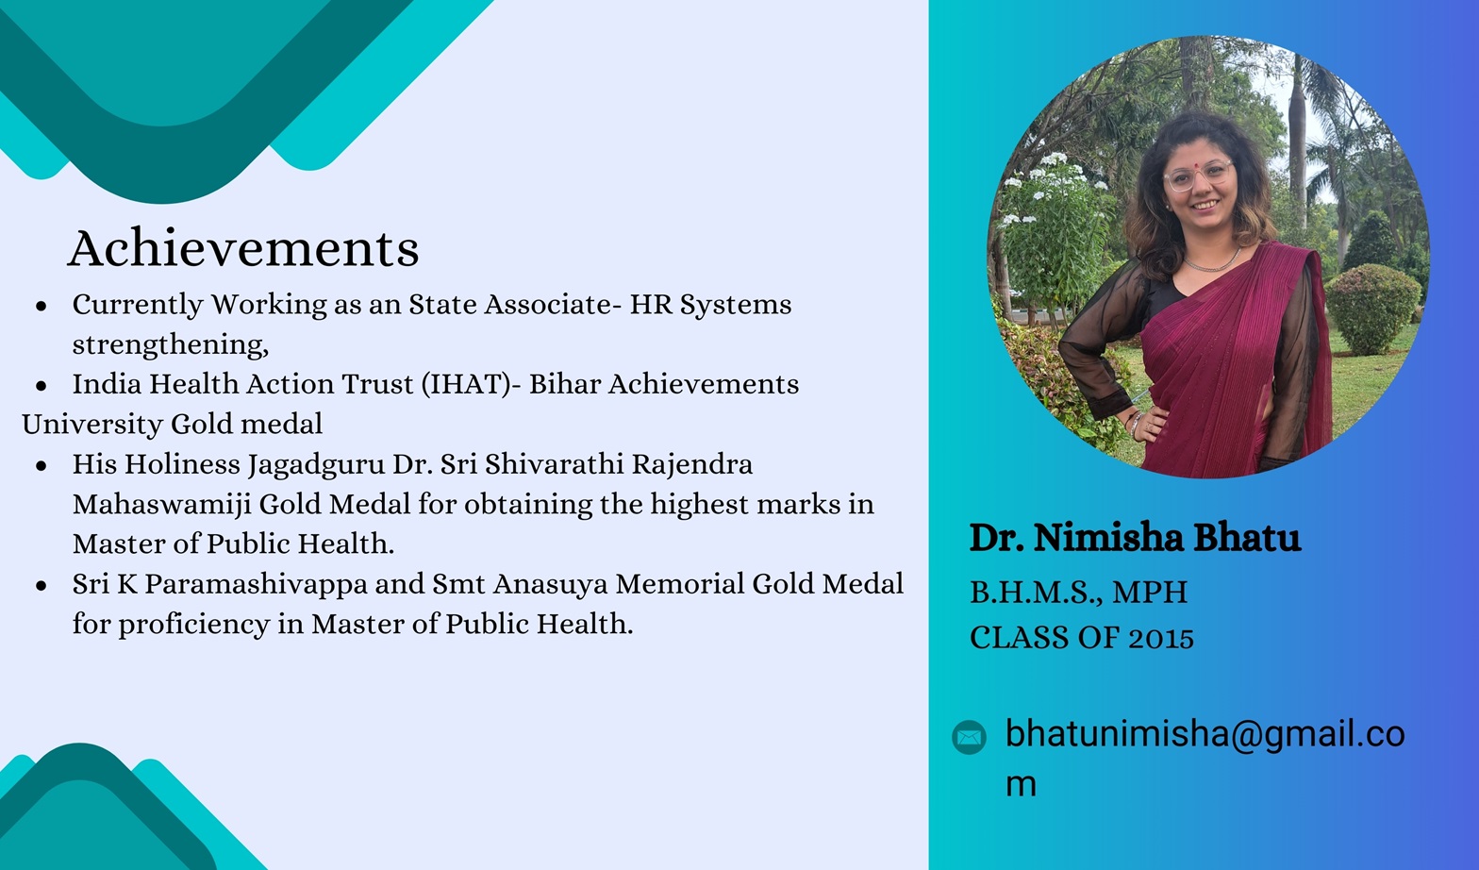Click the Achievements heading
point(243,248)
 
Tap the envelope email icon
point(969,737)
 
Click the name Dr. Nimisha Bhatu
point(1135,538)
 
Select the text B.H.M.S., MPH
point(1078,592)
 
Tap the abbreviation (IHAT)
point(466,384)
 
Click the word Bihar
point(564,384)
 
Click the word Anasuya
point(550,585)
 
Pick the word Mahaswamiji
point(162,506)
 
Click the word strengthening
point(171,345)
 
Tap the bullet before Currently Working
point(42,306)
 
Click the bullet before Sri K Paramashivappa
point(42,585)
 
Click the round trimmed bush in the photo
point(1372,310)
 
